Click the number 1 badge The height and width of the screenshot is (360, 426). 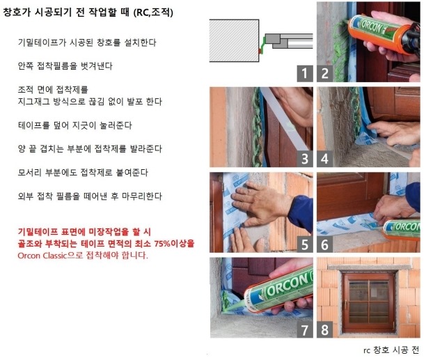pos(305,73)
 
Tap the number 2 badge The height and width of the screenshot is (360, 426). pos(325,73)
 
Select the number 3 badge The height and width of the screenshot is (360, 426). pos(305,159)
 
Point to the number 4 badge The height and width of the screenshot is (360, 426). pos(325,159)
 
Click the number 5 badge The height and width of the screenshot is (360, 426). pos(305,244)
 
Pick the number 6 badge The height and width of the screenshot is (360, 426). pos(325,244)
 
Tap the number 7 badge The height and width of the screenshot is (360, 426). pos(305,330)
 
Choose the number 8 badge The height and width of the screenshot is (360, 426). pos(325,330)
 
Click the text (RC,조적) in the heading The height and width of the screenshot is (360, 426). pos(153,13)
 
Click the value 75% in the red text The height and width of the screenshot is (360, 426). pos(162,244)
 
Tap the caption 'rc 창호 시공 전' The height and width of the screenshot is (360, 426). pos(391,350)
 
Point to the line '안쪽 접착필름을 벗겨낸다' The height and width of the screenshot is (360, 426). pos(65,65)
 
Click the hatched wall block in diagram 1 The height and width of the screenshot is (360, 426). pos(234,41)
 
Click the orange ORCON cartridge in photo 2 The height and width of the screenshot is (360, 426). pos(380,33)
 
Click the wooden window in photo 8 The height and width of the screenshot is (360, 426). pos(369,302)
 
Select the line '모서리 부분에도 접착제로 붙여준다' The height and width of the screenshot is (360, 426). pos(83,173)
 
